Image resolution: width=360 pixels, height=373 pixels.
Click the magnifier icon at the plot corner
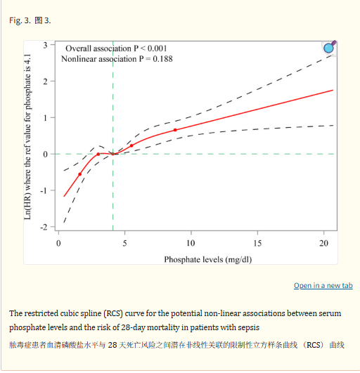330,47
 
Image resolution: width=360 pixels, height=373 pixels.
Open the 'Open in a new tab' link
323,285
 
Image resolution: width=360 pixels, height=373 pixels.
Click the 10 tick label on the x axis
191,243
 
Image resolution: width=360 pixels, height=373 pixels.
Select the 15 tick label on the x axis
257,243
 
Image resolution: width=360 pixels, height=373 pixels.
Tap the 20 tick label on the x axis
323,243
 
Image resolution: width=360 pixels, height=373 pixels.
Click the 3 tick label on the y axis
45,45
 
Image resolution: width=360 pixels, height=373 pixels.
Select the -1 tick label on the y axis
44,191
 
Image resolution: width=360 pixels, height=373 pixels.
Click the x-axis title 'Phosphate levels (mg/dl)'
208,259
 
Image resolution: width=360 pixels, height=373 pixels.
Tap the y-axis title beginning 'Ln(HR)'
27,137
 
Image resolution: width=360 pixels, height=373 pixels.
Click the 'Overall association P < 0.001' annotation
116,48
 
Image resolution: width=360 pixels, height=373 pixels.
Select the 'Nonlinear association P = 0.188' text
117,59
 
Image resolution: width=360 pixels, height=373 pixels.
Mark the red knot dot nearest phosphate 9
175,130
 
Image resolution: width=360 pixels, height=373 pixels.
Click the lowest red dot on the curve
80,174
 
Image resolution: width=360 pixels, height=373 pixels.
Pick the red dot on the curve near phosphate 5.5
131,145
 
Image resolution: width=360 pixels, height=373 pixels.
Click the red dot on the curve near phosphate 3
98,154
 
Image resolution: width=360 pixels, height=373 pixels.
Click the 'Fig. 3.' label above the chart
20,20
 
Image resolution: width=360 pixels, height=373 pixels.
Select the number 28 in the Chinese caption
112,345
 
